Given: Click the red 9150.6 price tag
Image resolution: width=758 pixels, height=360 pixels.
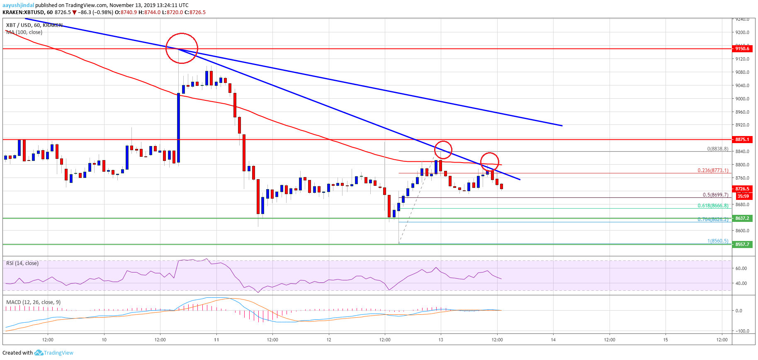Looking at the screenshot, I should click(x=742, y=49).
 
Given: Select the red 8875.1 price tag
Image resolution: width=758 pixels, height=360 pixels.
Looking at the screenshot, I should click(x=742, y=139).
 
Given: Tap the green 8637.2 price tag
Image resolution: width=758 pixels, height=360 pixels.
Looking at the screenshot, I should click(x=742, y=218).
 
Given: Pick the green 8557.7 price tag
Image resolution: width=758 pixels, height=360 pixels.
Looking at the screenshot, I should click(x=742, y=244).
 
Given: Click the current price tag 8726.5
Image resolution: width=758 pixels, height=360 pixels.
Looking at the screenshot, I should click(x=742, y=189).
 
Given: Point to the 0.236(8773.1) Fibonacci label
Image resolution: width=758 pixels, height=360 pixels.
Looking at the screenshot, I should click(x=713, y=170).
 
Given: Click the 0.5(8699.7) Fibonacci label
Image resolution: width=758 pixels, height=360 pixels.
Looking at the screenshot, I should click(x=715, y=195).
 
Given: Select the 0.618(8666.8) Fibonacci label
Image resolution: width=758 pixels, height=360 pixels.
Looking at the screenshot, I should click(x=713, y=206).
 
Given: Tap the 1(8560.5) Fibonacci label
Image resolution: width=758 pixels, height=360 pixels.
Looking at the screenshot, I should click(x=717, y=241).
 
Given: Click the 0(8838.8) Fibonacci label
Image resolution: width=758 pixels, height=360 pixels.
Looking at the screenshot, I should click(x=717, y=149).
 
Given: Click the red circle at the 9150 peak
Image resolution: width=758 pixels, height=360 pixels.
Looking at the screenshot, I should click(x=182, y=48).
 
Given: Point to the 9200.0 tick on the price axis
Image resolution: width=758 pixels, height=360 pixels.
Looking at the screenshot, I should click(x=742, y=32).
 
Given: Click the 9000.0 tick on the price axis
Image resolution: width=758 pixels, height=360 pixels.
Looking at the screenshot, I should click(x=742, y=99).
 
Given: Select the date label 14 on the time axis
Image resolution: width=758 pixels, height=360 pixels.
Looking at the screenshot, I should click(x=553, y=340).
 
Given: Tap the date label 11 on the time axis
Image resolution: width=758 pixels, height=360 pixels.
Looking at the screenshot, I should click(x=216, y=340).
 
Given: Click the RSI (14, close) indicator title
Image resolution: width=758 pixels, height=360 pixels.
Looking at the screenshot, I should click(x=22, y=263).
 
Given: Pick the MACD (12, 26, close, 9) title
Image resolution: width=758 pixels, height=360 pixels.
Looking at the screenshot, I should click(x=33, y=302).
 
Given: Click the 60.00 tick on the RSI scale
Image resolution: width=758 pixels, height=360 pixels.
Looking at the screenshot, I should click(x=741, y=268).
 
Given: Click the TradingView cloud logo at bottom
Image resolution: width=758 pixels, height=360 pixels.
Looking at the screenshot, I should click(x=39, y=353).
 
